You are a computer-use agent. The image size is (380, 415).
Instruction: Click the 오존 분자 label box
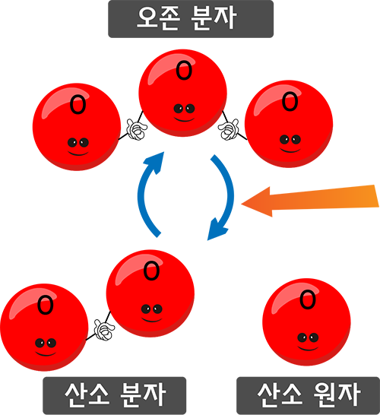191,19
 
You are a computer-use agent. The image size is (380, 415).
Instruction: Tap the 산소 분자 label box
114,395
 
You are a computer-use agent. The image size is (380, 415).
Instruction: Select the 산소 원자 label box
308,395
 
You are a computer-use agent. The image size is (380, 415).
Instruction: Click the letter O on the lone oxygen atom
308,299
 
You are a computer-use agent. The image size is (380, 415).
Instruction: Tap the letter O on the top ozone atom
184,71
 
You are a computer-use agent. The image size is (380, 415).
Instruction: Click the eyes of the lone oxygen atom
308,337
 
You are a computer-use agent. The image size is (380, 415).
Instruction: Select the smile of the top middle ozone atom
184,120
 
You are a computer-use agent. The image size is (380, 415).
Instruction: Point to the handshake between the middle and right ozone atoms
229,129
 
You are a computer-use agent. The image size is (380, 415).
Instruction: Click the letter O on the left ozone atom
78,105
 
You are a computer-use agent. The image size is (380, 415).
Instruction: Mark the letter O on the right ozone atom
290,101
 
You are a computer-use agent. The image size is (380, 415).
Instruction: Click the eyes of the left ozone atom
78,143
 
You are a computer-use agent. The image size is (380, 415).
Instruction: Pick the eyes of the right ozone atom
290,140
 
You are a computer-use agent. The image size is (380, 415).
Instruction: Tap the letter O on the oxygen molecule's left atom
46,305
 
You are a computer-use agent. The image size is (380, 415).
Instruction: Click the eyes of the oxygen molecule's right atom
152,309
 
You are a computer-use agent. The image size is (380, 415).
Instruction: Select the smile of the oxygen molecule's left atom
46,354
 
